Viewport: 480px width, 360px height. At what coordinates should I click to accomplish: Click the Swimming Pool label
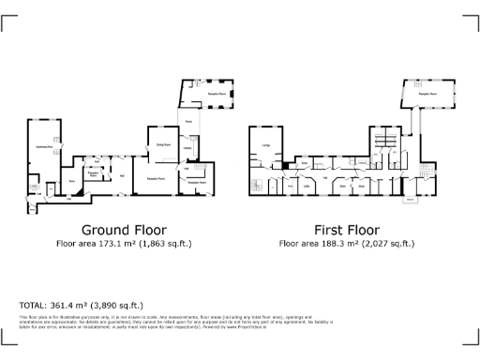[43, 147]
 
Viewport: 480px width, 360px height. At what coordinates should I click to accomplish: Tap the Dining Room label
[161, 145]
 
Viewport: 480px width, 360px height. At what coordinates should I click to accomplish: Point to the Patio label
[188, 121]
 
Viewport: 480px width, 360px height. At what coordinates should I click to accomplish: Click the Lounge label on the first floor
[266, 145]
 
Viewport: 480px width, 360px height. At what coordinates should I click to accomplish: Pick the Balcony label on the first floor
[410, 200]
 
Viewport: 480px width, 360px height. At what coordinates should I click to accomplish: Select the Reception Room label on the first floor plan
[427, 95]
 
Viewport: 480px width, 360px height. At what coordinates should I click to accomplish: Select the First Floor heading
[347, 230]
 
